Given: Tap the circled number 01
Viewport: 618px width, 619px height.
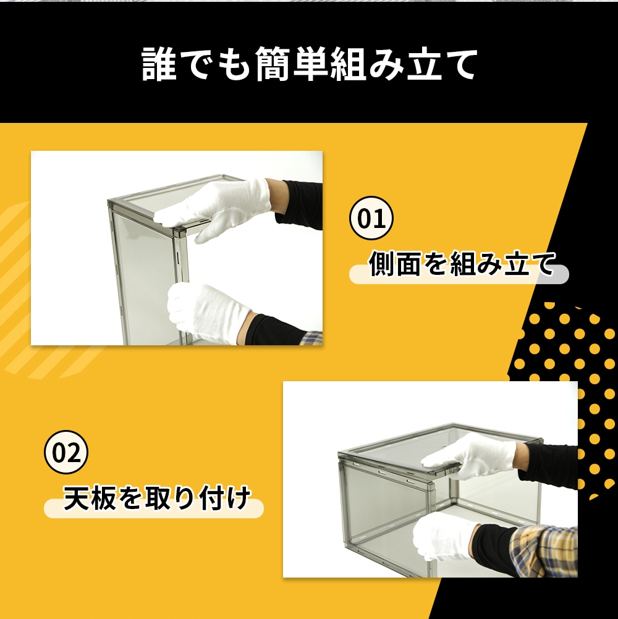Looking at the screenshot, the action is click(371, 218).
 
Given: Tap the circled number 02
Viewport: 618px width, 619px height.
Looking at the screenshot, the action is click(66, 452).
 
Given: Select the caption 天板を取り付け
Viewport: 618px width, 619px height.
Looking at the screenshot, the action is click(157, 498).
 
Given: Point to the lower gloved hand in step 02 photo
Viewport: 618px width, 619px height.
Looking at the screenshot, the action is click(444, 536).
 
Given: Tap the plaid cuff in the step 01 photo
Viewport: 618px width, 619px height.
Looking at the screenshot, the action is click(312, 338).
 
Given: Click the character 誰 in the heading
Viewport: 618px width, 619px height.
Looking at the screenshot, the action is click(159, 64).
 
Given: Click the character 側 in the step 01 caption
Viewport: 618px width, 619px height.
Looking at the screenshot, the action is click(381, 263).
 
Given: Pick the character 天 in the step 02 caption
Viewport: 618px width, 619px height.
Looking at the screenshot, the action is click(76, 498).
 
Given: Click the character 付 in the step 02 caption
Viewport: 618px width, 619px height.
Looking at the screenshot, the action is click(211, 498).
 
